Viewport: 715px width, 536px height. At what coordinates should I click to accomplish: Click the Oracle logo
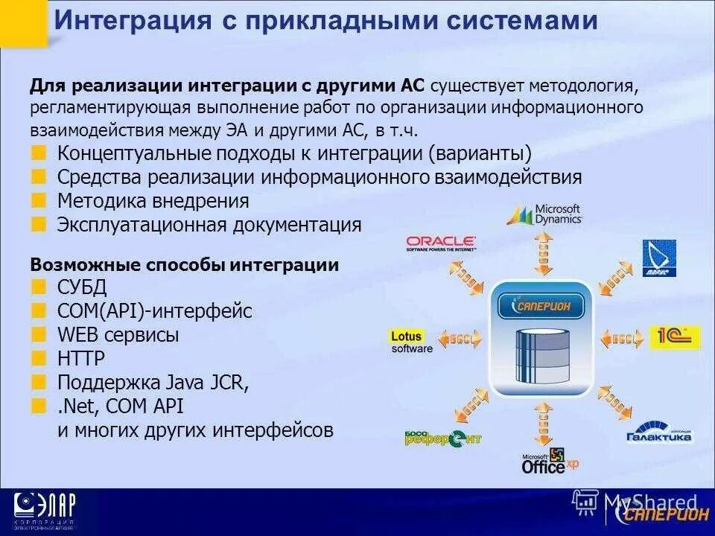[x=441, y=243]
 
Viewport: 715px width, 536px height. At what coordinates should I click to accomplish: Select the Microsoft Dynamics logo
[x=544, y=214]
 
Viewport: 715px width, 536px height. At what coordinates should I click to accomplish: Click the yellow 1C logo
[x=675, y=338]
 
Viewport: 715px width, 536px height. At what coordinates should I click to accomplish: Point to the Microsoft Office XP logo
[x=550, y=462]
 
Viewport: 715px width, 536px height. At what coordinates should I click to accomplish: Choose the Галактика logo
[x=659, y=432]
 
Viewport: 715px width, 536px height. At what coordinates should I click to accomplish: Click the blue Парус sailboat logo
[x=659, y=258]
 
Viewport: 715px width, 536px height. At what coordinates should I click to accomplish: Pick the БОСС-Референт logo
[x=443, y=437]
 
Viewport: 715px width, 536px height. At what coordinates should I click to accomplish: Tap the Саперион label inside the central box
[x=541, y=305]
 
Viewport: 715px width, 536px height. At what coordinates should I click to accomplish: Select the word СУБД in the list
[x=82, y=288]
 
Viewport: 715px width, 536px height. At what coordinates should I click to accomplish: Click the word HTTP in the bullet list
[x=81, y=359]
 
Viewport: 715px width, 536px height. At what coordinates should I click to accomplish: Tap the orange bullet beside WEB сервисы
[x=37, y=335]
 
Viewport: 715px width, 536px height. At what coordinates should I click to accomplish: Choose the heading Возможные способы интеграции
[x=184, y=265]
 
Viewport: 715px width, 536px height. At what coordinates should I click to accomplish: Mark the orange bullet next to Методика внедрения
[x=37, y=201]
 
